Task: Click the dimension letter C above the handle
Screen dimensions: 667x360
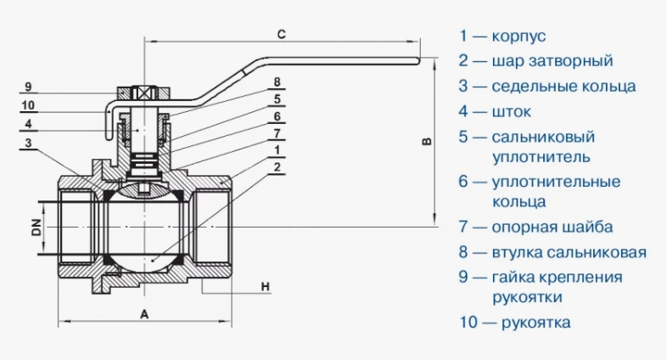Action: pos(281,34)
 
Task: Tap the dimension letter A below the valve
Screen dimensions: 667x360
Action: pos(144,314)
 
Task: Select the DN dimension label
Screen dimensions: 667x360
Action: pos(37,228)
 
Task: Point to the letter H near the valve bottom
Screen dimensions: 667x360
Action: pos(265,287)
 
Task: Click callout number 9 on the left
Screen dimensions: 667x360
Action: pos(28,87)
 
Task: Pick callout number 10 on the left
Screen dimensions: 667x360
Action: pos(28,105)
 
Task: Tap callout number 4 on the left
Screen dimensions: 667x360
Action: pos(28,124)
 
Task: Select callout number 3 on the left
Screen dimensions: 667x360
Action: pos(28,143)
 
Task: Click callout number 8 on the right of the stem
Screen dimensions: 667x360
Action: pos(277,82)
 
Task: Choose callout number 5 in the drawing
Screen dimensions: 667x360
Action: pos(277,99)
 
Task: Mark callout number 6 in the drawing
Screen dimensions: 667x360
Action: pos(277,116)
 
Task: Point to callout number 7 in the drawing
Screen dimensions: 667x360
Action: pos(277,133)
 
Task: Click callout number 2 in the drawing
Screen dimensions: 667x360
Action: pos(277,166)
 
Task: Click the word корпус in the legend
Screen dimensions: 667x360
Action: pos(518,37)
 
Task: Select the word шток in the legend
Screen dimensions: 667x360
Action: pos(512,112)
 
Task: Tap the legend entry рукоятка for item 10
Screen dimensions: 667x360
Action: pos(536,322)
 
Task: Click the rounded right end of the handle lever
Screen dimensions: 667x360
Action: pos(418,61)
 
